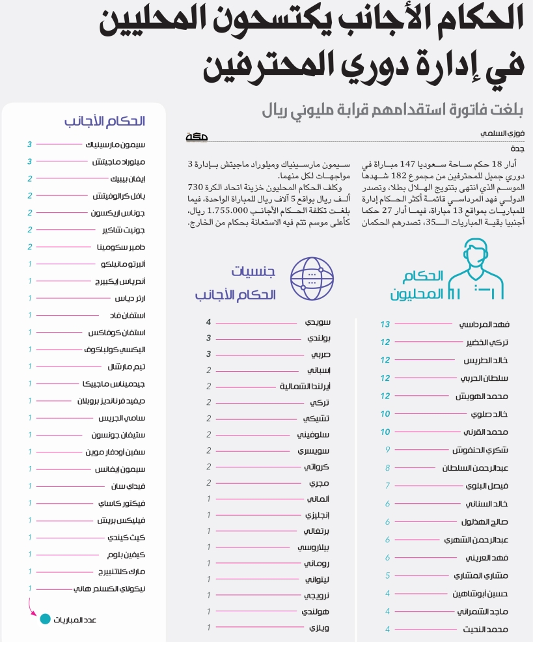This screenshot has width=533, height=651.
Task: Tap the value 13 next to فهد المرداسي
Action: (385, 324)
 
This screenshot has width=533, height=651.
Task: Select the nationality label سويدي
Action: (318, 322)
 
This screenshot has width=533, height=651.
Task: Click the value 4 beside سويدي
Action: (209, 322)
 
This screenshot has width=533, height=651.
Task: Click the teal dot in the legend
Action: (44, 619)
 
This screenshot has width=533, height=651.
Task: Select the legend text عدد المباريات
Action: (75, 620)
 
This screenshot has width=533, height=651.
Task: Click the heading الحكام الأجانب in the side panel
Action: (104, 121)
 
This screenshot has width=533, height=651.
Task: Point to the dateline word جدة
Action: (518, 148)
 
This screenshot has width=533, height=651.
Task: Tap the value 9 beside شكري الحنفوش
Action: (387, 449)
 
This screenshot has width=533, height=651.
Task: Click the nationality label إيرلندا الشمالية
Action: (305, 386)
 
